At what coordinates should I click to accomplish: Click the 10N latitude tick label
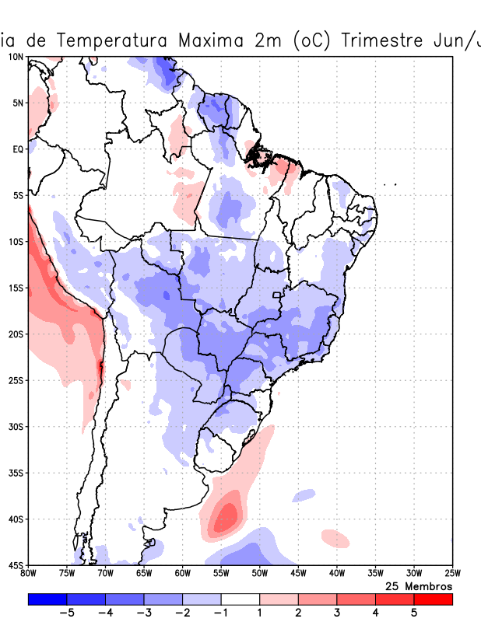(16, 57)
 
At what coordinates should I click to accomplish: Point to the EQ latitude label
(17, 149)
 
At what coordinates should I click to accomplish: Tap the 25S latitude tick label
(16, 380)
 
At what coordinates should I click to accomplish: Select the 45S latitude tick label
(16, 564)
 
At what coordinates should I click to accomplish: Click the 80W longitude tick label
(29, 575)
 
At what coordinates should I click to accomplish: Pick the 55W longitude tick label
(221, 575)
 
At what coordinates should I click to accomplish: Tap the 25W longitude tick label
(451, 575)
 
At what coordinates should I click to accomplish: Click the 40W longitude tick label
(336, 575)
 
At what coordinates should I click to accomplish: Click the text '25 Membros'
(419, 586)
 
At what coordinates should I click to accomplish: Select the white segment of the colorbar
(240, 599)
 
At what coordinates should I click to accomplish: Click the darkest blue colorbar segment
(47, 599)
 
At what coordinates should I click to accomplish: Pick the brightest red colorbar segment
(433, 599)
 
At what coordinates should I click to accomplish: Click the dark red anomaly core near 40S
(227, 515)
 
